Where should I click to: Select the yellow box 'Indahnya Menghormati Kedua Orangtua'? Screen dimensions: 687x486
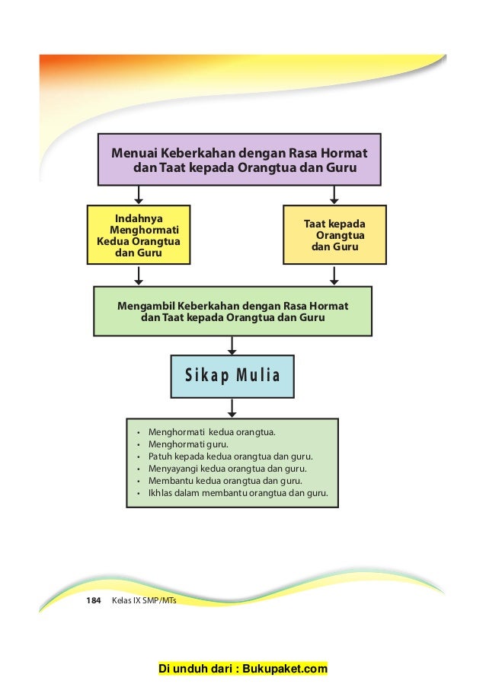coord(138,234)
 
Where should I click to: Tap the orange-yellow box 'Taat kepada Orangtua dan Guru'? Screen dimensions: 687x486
coord(334,235)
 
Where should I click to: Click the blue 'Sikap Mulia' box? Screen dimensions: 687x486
coord(232,375)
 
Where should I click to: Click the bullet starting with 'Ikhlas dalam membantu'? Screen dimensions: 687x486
coord(238,493)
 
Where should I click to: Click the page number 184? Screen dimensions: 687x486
coord(93,601)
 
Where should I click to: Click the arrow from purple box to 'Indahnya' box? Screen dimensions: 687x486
coord(139,196)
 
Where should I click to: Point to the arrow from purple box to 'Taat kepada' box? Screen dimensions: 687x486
coord(334,196)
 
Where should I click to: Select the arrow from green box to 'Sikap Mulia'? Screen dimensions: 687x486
coord(232,345)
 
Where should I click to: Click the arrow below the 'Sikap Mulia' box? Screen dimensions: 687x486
coord(232,409)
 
